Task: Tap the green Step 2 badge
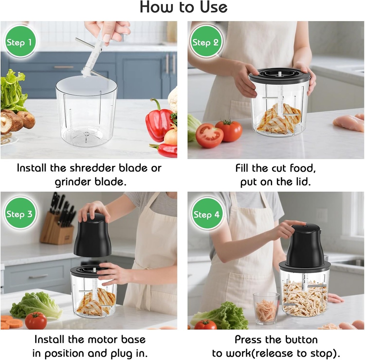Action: coord(205,42)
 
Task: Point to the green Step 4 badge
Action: coord(206,214)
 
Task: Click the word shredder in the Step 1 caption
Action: coord(101,168)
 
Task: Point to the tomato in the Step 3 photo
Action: coord(36,320)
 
